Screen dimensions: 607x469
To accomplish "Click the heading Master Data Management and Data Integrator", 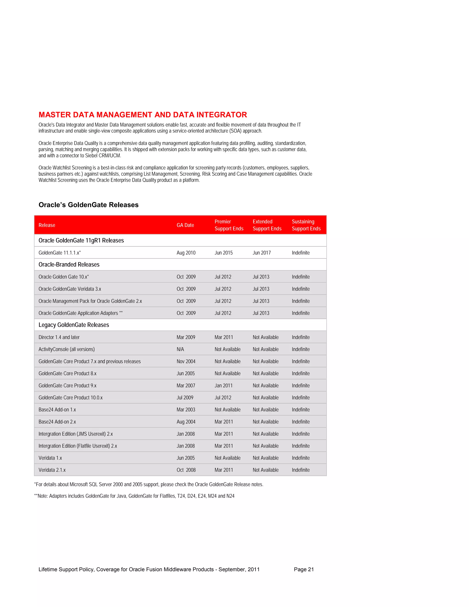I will tap(142, 115).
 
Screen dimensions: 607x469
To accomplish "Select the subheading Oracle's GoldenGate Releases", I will tap(88, 205).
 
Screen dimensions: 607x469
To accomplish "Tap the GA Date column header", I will tap(185, 225).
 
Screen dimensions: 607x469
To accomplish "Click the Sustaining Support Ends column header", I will tap(306, 225).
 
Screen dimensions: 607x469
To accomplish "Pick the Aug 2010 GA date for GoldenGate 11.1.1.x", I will tap(186, 253).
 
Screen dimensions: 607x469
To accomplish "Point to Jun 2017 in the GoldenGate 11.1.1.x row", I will tap(262, 253).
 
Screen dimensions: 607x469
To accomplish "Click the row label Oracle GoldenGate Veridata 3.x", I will tap(70, 289).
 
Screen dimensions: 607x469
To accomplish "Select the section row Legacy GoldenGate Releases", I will tap(74, 325).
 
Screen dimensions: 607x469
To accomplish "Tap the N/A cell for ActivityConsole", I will tap(180, 349).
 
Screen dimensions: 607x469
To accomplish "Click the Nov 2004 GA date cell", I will tap(186, 361).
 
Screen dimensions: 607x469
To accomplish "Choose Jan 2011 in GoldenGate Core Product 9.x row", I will tap(223, 386).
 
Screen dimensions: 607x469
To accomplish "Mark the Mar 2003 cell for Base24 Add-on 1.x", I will tap(186, 410).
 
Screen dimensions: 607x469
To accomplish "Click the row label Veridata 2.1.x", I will tap(52, 470).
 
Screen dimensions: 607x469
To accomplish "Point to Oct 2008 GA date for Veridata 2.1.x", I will tap(186, 470).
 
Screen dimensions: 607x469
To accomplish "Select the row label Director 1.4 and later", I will tap(59, 337).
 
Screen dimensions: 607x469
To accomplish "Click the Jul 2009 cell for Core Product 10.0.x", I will tap(185, 398).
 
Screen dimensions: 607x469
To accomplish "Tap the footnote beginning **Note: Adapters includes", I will tap(134, 496).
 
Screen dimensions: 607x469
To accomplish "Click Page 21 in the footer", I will tap(304, 569).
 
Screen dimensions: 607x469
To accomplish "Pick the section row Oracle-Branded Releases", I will tap(69, 265).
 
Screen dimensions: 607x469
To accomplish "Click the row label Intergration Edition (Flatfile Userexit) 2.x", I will tap(78, 446).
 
